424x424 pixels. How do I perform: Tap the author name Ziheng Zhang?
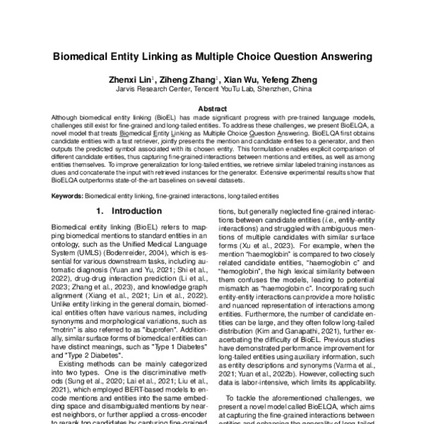coord(194,80)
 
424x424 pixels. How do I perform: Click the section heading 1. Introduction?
coord(124,210)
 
